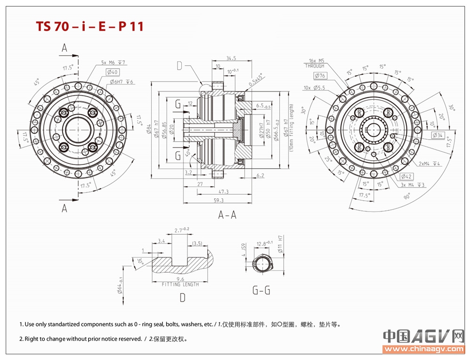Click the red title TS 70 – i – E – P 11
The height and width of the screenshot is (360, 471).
[x=89, y=26]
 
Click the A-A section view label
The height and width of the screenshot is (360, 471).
[x=227, y=215]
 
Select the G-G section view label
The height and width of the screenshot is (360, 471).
[x=261, y=290]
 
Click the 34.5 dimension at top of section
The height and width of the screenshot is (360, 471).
[x=231, y=58]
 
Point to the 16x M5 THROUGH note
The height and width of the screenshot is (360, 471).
[x=315, y=64]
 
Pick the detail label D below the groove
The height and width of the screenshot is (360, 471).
[x=182, y=297]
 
